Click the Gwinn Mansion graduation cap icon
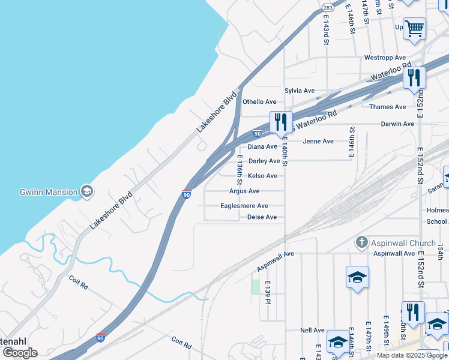[87, 191]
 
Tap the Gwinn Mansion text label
[48, 192]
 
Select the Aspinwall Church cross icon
[361, 242]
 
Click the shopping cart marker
[414, 28]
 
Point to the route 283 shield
[328, 8]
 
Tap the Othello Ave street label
[259, 102]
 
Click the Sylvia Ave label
[300, 91]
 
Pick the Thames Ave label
[388, 107]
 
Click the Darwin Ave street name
[397, 124]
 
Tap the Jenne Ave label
[318, 142]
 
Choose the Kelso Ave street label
[263, 176]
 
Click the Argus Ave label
[244, 191]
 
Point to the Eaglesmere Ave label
[244, 206]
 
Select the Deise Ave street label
[262, 217]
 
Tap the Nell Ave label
[312, 330]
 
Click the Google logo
[20, 353]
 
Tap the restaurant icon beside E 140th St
[281, 122]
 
